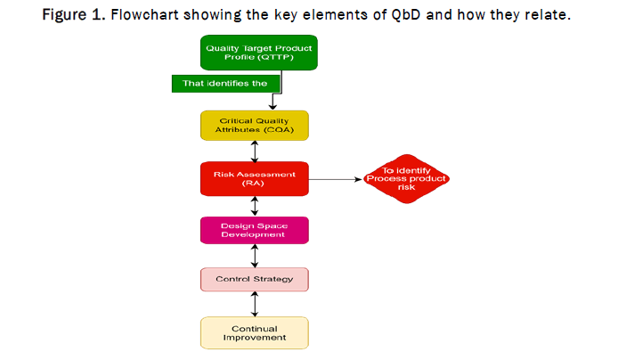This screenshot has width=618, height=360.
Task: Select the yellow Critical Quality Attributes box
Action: (x=254, y=125)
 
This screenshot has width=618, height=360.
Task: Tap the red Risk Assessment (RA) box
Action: (x=254, y=179)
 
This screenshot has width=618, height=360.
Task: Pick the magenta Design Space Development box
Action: (x=254, y=229)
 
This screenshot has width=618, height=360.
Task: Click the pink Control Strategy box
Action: (x=254, y=279)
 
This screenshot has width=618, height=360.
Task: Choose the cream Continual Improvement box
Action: (x=254, y=332)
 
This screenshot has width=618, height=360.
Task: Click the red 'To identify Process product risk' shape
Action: (x=406, y=179)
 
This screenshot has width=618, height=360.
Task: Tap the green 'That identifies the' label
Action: (x=226, y=83)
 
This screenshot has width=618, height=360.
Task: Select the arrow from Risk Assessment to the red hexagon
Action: (x=335, y=179)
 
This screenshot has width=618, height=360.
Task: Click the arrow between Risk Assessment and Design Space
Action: (x=255, y=206)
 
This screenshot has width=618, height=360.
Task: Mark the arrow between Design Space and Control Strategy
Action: (x=255, y=256)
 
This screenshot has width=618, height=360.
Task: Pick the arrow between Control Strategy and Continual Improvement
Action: (x=255, y=304)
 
